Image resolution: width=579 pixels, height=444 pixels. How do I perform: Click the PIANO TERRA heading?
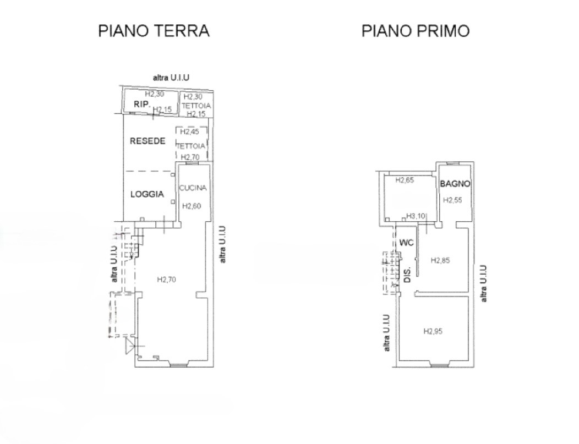154,31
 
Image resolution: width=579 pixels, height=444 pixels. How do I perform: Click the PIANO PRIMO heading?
416,31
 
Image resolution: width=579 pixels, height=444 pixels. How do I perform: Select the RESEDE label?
148,141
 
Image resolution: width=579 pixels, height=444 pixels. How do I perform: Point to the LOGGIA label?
147,194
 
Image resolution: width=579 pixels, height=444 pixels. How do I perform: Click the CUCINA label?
193,188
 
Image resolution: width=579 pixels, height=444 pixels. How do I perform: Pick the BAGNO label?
455,183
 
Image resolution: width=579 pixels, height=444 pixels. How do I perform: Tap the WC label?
407,243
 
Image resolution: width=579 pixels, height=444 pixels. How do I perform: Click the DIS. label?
408,275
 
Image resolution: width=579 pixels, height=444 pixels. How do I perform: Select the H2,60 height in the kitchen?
192,206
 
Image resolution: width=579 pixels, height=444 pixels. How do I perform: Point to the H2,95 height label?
433,331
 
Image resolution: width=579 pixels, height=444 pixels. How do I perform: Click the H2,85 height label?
440,261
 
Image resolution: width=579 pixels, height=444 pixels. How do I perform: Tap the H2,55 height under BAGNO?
452,200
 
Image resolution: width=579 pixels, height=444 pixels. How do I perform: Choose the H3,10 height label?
416,216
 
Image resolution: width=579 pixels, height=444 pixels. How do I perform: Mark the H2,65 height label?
405,180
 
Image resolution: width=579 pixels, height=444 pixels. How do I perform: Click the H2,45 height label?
189,131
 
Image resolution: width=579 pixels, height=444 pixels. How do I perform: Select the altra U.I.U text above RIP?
171,78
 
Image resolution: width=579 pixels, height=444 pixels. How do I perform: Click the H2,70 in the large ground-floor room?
167,279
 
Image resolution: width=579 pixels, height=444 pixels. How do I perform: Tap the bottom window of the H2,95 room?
439,365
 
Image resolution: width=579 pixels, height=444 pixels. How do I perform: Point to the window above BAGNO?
452,163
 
